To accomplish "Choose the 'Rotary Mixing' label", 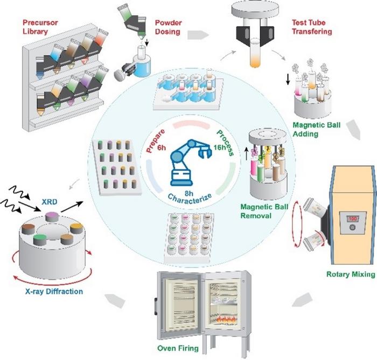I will tap(350, 274).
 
